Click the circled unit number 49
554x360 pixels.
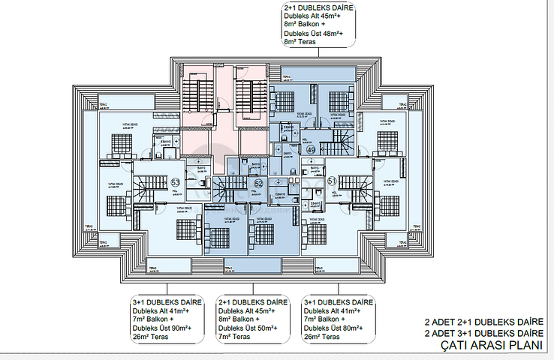311,150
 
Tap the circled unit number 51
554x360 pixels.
332,181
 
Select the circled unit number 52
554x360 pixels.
258,184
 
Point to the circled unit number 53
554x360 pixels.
175,182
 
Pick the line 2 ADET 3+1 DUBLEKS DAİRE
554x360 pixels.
483,332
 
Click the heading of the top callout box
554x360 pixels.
319,8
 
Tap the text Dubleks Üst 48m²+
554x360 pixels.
314,34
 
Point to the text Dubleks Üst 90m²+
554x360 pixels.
161,328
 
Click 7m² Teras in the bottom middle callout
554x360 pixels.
236,337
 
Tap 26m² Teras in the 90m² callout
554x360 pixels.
150,337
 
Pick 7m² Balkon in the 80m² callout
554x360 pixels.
323,319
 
